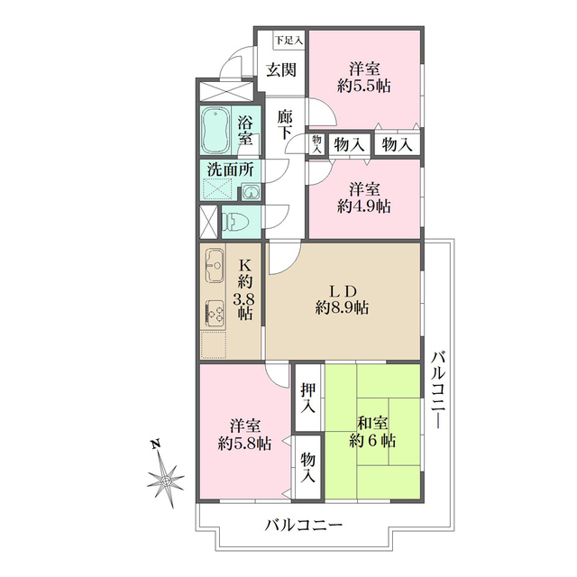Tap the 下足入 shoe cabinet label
point(288,40)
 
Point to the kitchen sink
point(216,266)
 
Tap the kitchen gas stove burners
point(216,312)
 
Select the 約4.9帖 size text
point(364,206)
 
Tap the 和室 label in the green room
point(372,422)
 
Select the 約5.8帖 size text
point(244,443)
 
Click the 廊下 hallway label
point(285,124)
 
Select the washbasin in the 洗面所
point(250,191)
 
